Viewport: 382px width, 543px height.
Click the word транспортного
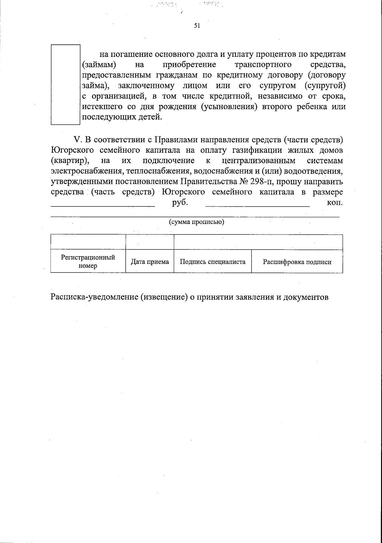263,65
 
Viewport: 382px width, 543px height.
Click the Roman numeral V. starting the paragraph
78,140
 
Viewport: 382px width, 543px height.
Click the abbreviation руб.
180,203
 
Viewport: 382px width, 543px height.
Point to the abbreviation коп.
335,203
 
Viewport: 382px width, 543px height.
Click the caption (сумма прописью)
196,222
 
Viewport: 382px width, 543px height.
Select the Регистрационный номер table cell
88,261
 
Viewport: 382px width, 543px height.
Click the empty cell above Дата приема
150,242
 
